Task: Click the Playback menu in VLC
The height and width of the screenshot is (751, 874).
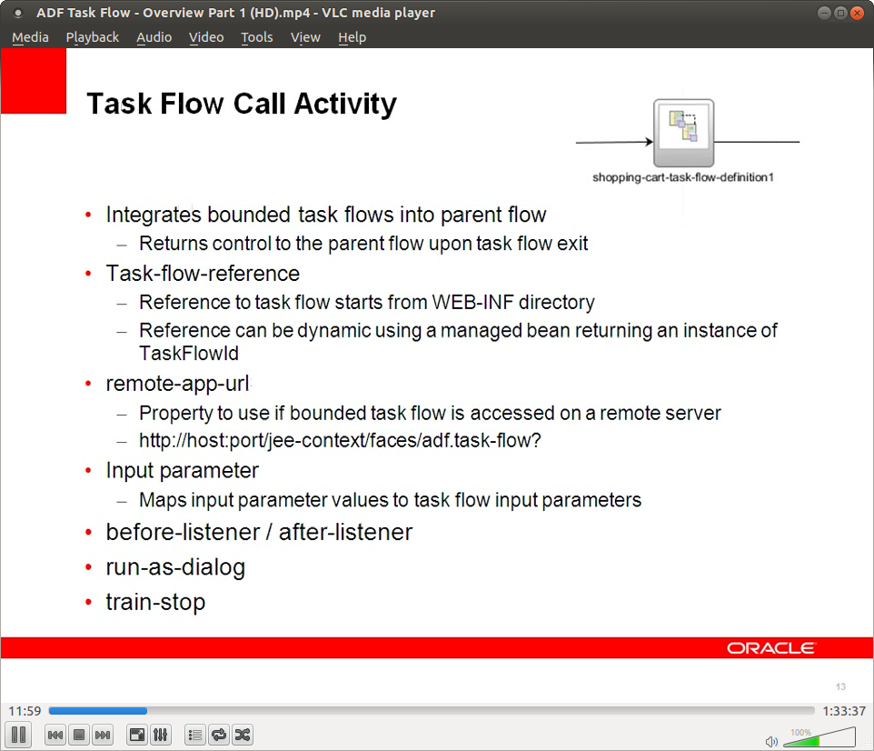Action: [x=92, y=37]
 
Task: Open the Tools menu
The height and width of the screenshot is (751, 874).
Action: [x=256, y=37]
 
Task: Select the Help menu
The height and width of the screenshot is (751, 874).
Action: [x=352, y=37]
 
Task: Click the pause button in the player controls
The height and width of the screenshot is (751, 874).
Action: [x=18, y=735]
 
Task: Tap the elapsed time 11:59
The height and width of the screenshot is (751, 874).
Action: [x=25, y=711]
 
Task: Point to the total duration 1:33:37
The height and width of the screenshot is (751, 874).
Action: [x=844, y=711]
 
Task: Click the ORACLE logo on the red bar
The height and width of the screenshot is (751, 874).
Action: [x=771, y=648]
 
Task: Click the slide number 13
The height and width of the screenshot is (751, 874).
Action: [x=840, y=686]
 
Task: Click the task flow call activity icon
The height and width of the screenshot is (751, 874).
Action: [x=683, y=133]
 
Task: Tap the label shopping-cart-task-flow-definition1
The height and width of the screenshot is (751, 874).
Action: [x=682, y=177]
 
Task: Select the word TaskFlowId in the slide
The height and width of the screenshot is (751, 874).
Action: [x=188, y=354]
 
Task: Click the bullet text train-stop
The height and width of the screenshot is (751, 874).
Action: [x=155, y=602]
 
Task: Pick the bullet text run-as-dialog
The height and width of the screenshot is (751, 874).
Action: [x=175, y=567]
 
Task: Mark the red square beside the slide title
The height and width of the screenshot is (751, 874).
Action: [x=34, y=81]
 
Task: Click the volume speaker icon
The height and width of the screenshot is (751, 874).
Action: [x=771, y=741]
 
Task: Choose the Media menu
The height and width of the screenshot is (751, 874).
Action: [x=30, y=37]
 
